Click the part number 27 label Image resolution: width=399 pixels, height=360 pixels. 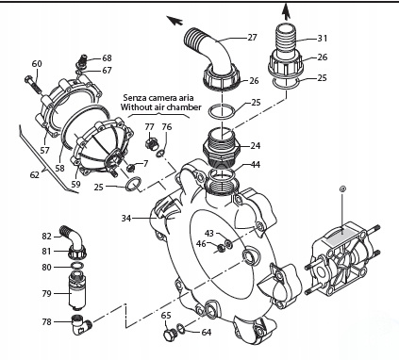point(252,37)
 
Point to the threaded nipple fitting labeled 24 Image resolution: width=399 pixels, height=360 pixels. point(224,150)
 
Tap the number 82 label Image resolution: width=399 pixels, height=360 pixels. point(47,236)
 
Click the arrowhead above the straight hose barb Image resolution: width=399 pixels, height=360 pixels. point(287,11)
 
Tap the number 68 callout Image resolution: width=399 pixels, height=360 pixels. point(107,58)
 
